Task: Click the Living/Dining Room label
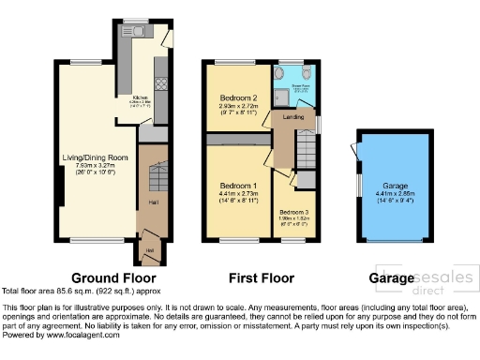tap(94, 157)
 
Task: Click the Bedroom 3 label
tap(293, 213)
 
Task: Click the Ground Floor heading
tap(113, 278)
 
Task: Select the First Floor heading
tap(261, 278)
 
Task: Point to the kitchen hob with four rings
tap(159, 82)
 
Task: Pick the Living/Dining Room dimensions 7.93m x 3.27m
tap(94, 165)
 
